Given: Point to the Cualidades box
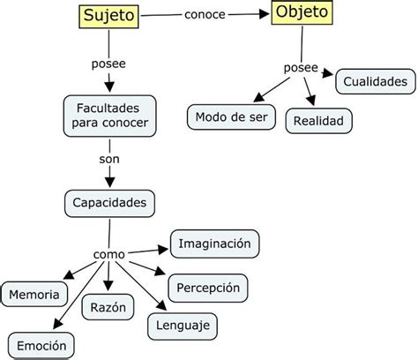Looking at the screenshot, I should [x=375, y=82].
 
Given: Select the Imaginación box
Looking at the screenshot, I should [x=215, y=243].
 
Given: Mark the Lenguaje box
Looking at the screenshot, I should [x=182, y=326].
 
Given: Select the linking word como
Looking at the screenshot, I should [x=108, y=255].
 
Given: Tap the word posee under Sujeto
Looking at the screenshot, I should [x=109, y=64].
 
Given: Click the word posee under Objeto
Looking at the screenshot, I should [x=301, y=68].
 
